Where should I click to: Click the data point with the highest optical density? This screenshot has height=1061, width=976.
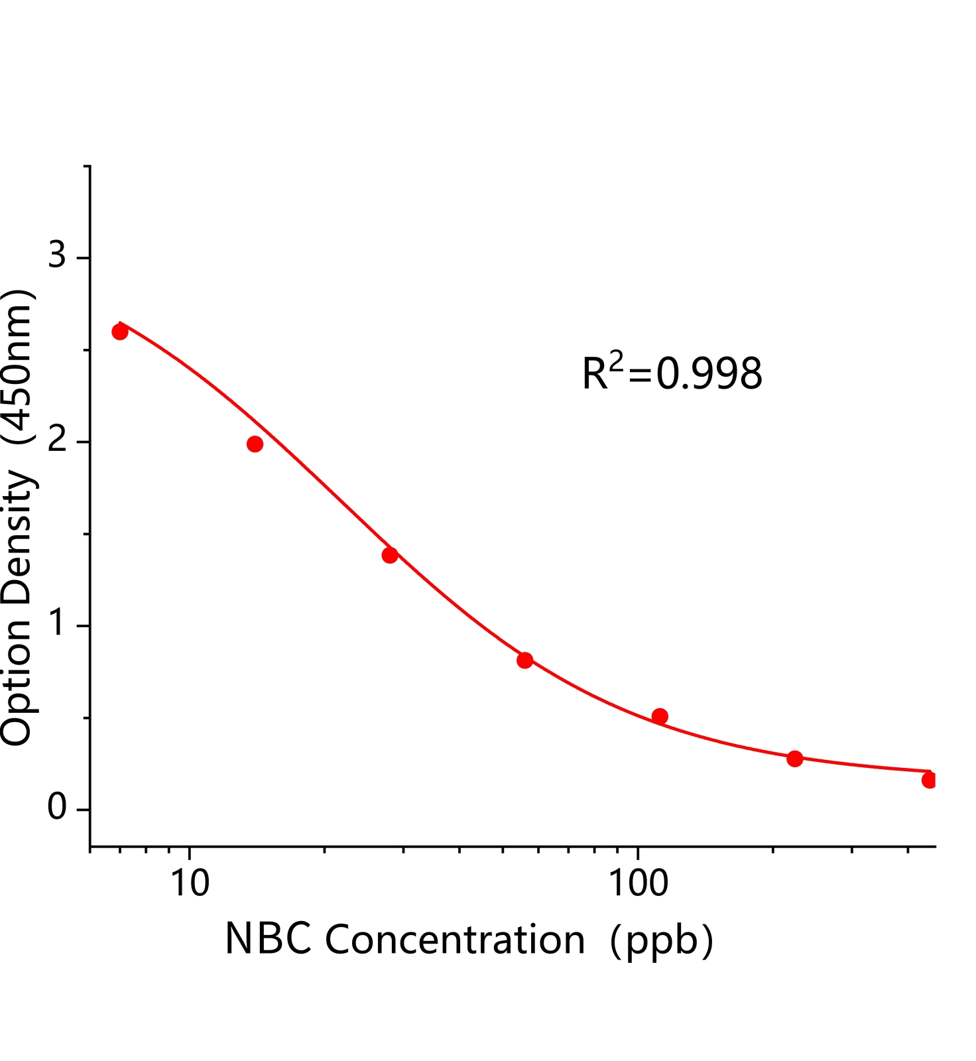tap(120, 332)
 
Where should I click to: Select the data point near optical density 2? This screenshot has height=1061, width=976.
tap(255, 444)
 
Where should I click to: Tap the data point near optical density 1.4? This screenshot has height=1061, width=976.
tap(390, 555)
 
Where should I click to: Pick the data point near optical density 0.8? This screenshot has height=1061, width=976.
tap(524, 660)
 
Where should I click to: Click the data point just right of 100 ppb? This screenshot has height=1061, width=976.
tap(660, 716)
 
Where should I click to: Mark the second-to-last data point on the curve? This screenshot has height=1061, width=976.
tap(794, 759)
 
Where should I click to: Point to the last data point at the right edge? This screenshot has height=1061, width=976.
tap(929, 780)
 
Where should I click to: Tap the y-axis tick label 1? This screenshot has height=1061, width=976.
tap(58, 623)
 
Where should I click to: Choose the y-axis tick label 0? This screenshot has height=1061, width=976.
tap(58, 807)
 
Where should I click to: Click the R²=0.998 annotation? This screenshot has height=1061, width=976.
tap(672, 372)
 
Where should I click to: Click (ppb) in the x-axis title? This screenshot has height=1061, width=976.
tap(661, 941)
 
